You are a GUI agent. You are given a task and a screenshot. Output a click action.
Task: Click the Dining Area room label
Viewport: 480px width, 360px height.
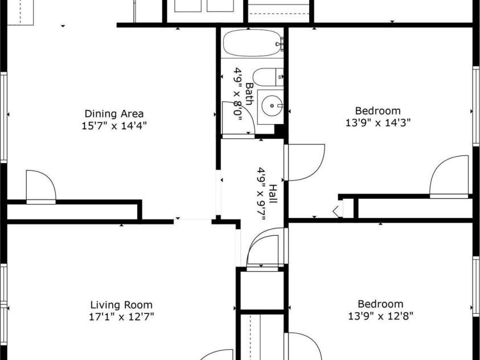pyautogui.click(x=114, y=113)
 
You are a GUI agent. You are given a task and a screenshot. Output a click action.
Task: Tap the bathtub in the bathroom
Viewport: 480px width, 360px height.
pyautogui.click(x=251, y=43)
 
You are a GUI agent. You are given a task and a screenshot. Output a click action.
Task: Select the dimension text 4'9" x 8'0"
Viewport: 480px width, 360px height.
pyautogui.click(x=237, y=95)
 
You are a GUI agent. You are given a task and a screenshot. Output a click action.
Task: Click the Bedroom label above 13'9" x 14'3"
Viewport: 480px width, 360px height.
pyautogui.click(x=378, y=111)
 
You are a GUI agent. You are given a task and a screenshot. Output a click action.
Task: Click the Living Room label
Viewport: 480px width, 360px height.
pyautogui.click(x=121, y=305)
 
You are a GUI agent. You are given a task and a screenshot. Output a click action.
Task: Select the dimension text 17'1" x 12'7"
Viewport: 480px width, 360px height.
pyautogui.click(x=121, y=316)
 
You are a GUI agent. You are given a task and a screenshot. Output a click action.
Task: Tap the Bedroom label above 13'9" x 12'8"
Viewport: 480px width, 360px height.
pyautogui.click(x=380, y=304)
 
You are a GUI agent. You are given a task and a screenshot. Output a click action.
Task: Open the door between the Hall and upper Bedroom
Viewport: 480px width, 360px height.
pyautogui.click(x=305, y=163)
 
